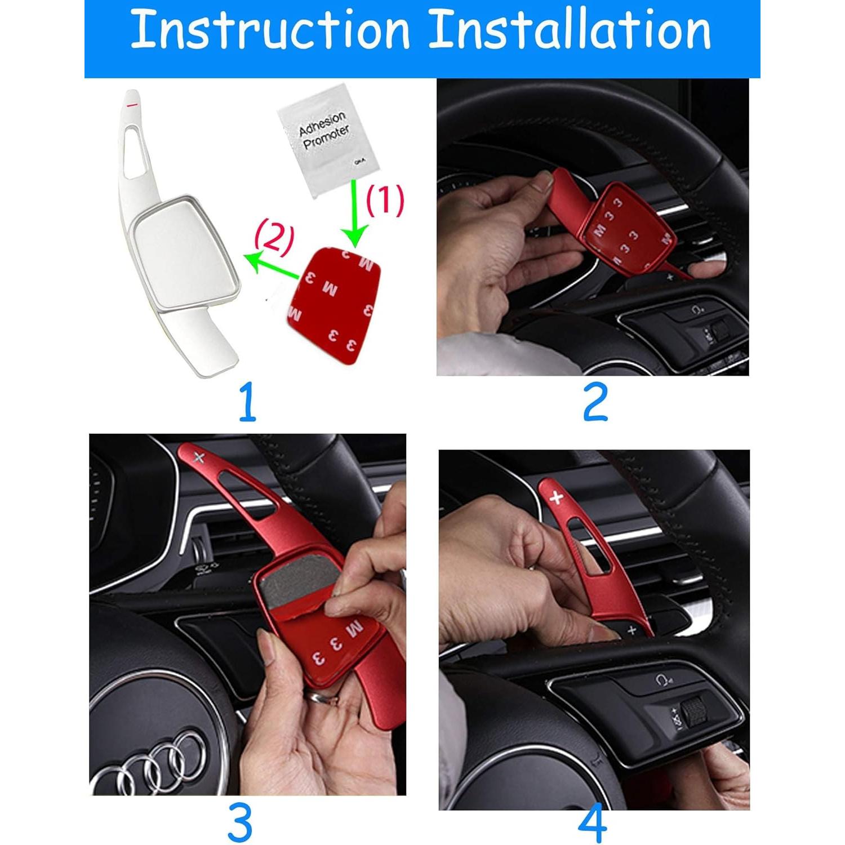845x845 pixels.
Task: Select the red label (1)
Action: (x=385, y=201)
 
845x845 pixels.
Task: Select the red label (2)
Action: (x=274, y=238)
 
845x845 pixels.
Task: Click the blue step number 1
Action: (x=247, y=402)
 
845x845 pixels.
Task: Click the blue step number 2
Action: (x=595, y=402)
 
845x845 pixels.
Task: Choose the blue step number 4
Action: (x=593, y=824)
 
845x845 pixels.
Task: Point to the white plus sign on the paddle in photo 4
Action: (x=557, y=497)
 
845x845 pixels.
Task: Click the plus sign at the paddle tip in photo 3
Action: (x=198, y=457)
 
